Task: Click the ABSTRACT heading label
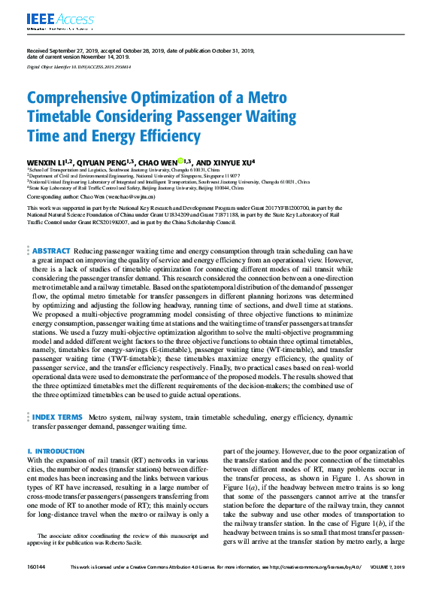click(52, 250)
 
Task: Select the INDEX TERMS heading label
click(57, 416)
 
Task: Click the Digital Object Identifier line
click(78, 66)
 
